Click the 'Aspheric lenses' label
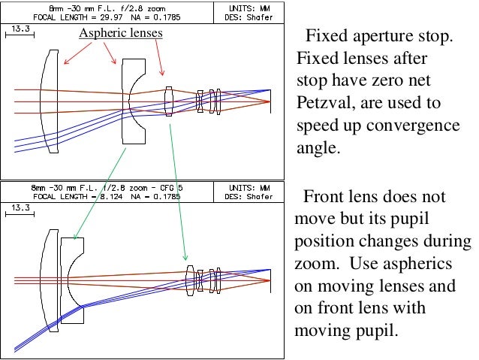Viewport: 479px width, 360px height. click(121, 34)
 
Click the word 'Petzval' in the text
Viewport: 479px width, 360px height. click(325, 102)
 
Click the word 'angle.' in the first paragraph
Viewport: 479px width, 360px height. click(318, 147)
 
